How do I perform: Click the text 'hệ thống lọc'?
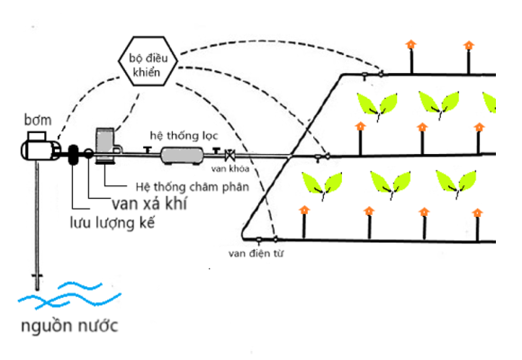coord(184,135)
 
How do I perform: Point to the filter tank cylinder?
coord(183,154)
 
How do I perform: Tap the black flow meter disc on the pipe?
coord(72,154)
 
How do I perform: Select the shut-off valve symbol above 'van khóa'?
coord(229,155)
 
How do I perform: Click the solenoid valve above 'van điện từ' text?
coord(259,239)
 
